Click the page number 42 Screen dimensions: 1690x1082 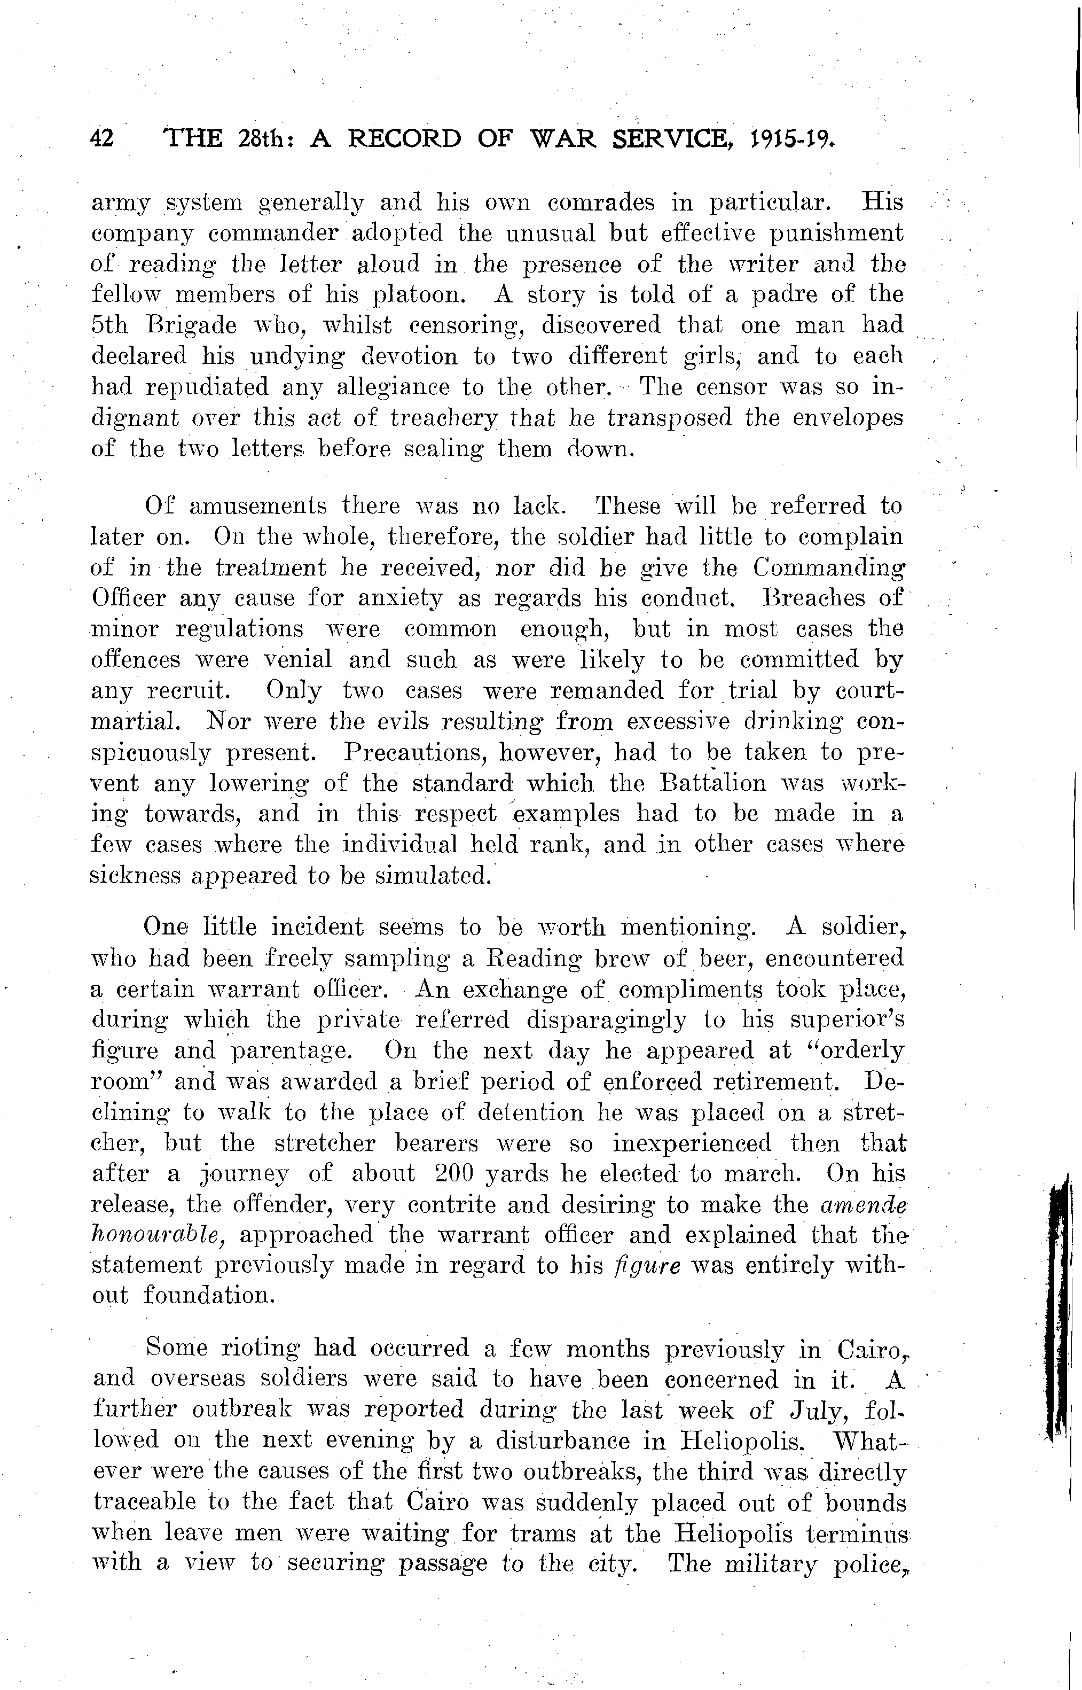103,139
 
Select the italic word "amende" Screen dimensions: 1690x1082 863,1205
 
